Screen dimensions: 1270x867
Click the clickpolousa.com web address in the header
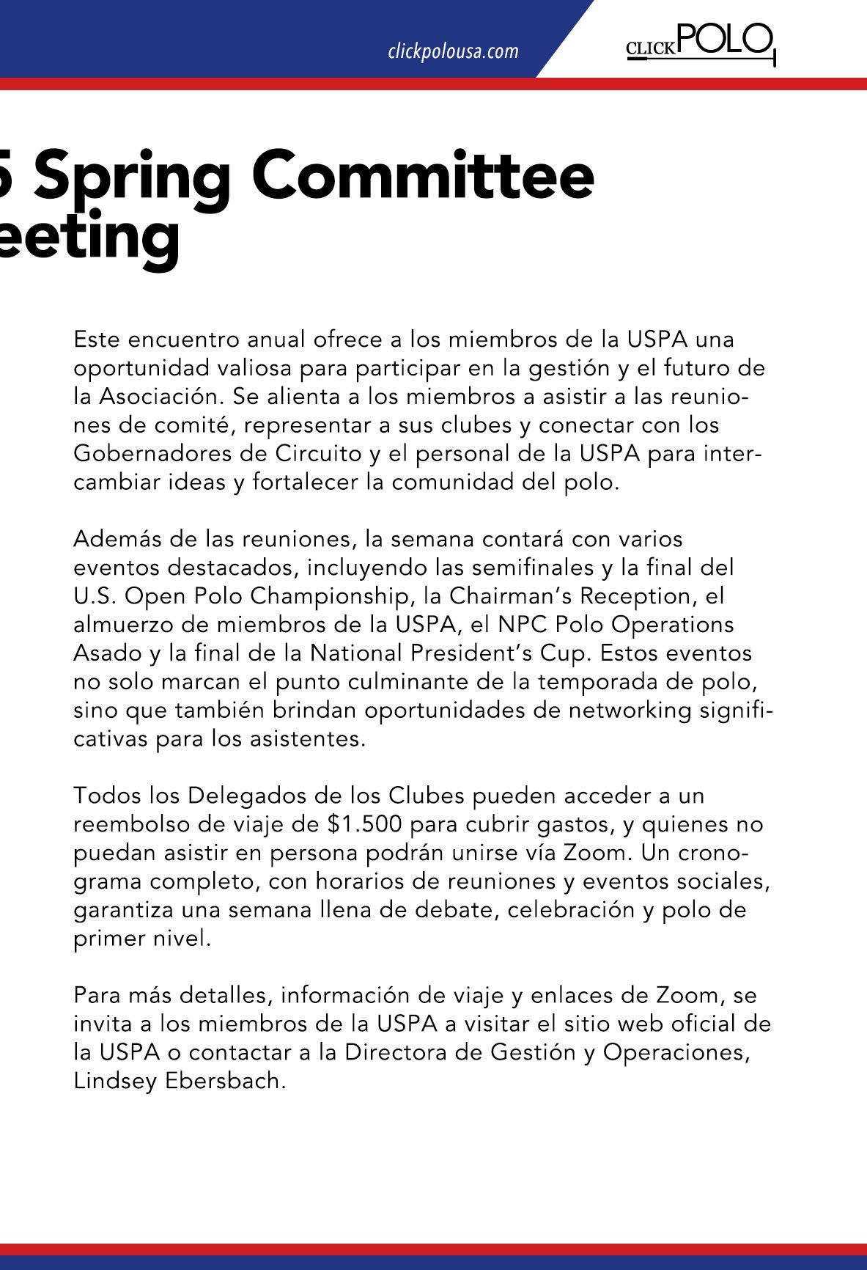pyautogui.click(x=453, y=51)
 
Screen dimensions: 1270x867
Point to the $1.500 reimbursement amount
pyautogui.click(x=365, y=824)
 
